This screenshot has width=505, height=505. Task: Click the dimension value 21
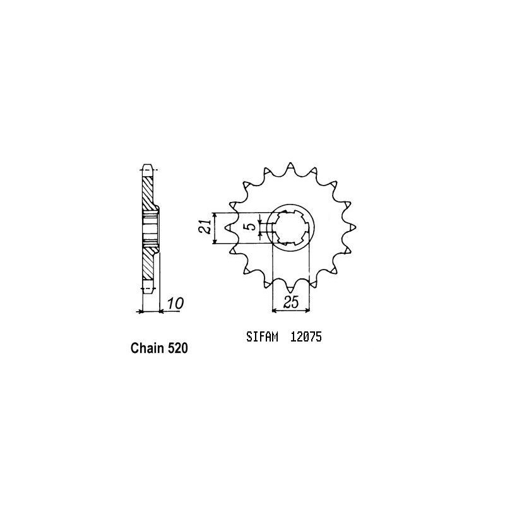coord(205,228)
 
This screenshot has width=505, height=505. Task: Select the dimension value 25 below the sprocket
coord(290,302)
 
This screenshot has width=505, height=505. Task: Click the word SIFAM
coord(261,337)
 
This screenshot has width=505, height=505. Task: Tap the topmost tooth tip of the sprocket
coord(290,165)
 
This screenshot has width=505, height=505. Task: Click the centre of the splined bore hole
coord(290,228)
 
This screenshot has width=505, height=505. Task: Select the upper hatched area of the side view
coord(148,193)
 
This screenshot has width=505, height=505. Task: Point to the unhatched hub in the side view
coord(150,228)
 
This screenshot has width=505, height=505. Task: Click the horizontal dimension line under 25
coord(290,311)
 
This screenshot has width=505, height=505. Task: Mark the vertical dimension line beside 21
coord(216,228)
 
